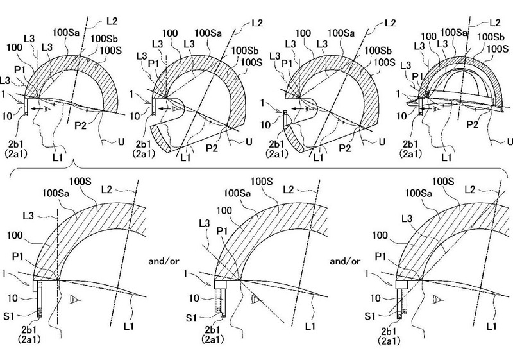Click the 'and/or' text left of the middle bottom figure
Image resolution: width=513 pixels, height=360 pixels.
[164, 261]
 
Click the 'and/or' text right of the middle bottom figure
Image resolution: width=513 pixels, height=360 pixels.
[345, 261]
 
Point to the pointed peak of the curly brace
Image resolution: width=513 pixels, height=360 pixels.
[75, 162]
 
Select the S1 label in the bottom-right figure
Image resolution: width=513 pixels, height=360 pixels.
[371, 316]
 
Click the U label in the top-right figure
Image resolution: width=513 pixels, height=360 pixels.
[510, 141]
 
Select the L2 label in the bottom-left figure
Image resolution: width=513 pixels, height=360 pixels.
[106, 190]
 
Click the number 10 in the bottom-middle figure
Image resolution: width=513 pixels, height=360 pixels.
[194, 298]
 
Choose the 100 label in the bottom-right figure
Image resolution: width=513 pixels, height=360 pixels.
[380, 236]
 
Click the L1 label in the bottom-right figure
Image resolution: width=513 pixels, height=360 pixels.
[491, 326]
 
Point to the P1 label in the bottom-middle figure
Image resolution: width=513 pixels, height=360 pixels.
[222, 232]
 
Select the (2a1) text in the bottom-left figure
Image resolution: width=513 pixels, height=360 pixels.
[29, 339]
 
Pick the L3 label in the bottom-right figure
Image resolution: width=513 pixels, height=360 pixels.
[407, 219]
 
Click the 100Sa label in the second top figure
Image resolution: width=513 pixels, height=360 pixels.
[208, 33]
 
